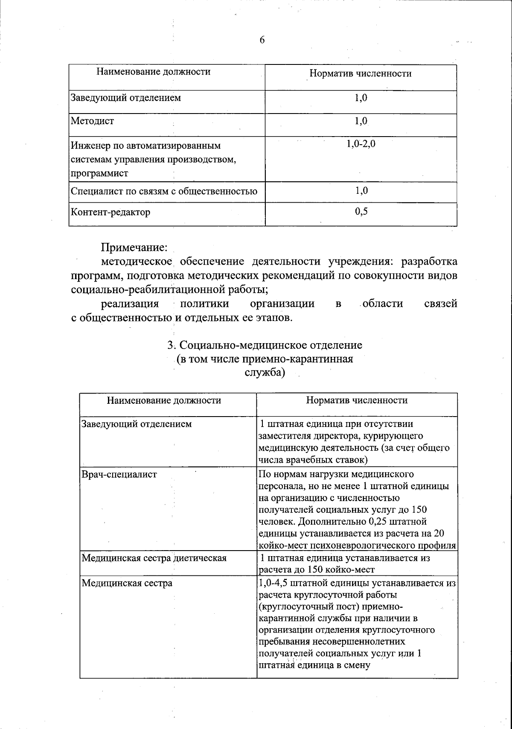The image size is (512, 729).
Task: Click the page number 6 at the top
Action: tap(262, 40)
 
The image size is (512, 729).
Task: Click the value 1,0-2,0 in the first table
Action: tap(361, 144)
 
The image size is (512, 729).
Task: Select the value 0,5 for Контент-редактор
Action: tap(361, 211)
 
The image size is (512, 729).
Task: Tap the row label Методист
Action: tap(92, 121)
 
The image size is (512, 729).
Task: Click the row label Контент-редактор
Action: tap(111, 212)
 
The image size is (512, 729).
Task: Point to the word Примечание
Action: tap(134, 247)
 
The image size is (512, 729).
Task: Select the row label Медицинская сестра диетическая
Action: tap(154, 558)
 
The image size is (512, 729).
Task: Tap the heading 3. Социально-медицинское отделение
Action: tap(265, 344)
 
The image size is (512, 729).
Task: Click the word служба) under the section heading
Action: tap(265, 373)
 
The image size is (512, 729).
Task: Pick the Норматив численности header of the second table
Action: tap(357, 400)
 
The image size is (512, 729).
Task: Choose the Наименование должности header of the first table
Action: tap(153, 72)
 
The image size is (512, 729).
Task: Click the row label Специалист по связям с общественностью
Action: tap(164, 191)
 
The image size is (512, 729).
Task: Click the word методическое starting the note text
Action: tap(136, 261)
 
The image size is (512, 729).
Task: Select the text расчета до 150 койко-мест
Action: tap(317, 570)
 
